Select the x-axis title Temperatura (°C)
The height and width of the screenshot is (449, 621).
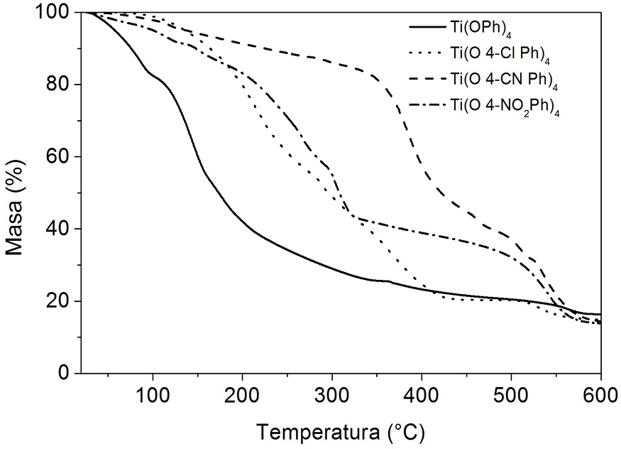[341, 431]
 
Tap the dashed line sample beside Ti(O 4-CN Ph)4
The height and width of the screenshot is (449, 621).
[427, 79]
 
